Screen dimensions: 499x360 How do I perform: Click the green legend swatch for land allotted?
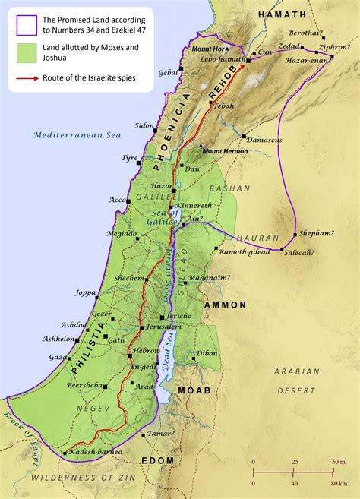click(23, 52)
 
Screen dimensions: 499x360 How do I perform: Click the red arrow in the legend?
click(23, 77)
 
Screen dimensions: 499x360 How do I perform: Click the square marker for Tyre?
click(139, 163)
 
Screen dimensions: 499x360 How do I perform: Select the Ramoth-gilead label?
click(241, 251)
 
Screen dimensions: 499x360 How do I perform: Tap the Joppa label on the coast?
click(86, 292)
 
